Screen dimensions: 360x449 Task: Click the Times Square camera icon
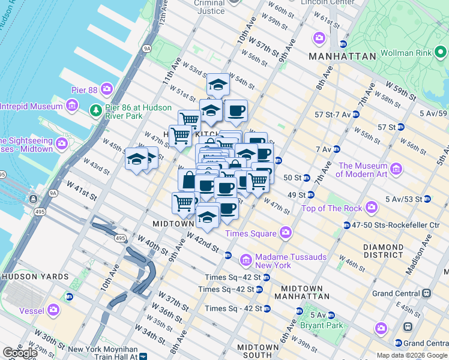pyautogui.click(x=285, y=233)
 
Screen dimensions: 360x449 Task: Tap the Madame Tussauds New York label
pyautogui.click(x=282, y=261)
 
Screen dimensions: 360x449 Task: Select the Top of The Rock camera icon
pyautogui.click(x=371, y=208)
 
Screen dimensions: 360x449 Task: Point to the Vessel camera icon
pyautogui.click(x=53, y=310)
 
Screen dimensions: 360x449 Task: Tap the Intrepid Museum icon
pyautogui.click(x=72, y=106)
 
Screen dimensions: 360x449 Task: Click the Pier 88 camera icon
pyautogui.click(x=107, y=89)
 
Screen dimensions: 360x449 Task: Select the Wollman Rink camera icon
pyautogui.click(x=441, y=53)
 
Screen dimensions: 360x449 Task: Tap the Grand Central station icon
pyautogui.click(x=427, y=293)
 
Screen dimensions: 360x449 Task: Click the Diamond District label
pyautogui.click(x=383, y=251)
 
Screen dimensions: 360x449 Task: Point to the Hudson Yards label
pyautogui.click(x=28, y=277)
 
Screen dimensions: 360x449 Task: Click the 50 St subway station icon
pyautogui.click(x=307, y=178)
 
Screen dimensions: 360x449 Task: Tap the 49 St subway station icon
pyautogui.click(x=311, y=194)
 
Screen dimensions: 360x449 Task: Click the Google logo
pyautogui.click(x=20, y=353)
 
